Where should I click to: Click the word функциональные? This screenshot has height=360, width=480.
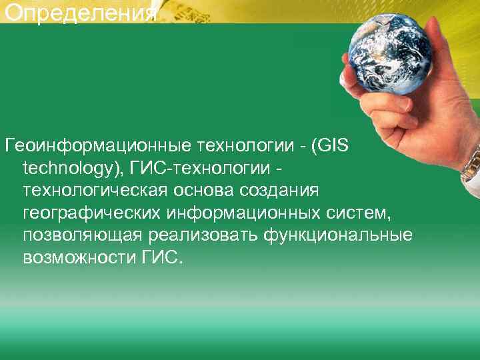(341, 236)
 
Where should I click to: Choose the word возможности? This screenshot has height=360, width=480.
(79, 258)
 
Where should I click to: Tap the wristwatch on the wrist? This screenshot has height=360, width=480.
(471, 163)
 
